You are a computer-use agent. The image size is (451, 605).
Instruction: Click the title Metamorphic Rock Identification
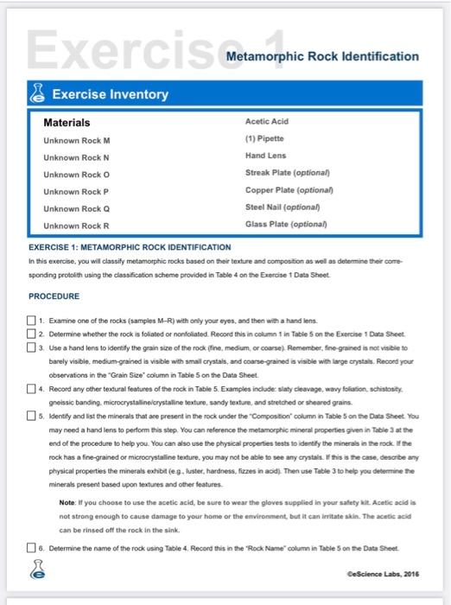tap(322, 56)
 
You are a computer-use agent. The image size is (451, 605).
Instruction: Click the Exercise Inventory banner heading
tap(111, 93)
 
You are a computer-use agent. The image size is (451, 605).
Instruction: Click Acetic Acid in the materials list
tap(268, 123)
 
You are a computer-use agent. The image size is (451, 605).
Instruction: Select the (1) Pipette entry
tap(265, 139)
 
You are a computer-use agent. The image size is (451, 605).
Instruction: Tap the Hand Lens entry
tap(266, 156)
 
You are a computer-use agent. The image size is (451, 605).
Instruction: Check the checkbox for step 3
tap(33, 347)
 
